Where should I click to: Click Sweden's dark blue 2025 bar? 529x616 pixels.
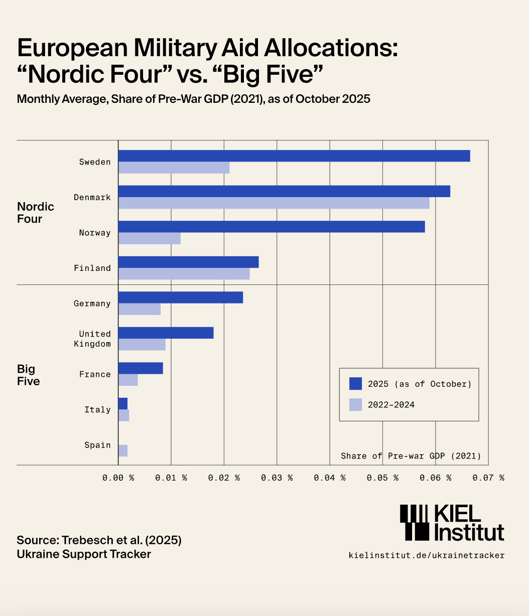(294, 156)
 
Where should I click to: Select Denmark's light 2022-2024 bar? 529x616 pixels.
(274, 203)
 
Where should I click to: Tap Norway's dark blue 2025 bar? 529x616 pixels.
(271, 227)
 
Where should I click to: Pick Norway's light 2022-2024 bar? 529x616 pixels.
(149, 238)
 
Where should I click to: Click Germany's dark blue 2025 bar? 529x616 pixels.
(180, 297)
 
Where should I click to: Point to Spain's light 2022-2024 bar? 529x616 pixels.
(123, 450)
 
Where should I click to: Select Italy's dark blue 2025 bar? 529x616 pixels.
(123, 404)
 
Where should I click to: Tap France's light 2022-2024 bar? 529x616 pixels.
(128, 380)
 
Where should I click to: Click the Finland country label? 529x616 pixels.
(92, 268)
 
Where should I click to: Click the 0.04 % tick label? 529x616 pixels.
(330, 478)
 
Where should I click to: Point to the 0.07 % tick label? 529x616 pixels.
(488, 478)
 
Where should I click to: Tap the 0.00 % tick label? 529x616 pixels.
(118, 478)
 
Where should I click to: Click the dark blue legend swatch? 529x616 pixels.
(355, 384)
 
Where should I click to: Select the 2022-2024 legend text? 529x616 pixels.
(391, 404)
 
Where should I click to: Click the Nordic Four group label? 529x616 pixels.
(35, 213)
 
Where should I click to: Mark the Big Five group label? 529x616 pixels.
(28, 375)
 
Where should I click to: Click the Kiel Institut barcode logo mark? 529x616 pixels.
(415, 522)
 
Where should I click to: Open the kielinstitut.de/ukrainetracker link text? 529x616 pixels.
(426, 555)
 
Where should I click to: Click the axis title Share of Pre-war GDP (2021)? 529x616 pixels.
(411, 456)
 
